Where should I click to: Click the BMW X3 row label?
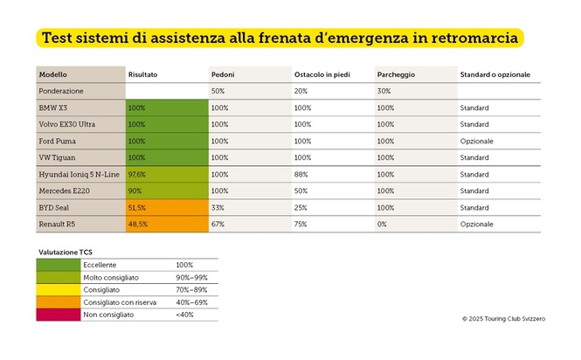(x=54, y=107)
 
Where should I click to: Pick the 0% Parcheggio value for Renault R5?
(x=383, y=224)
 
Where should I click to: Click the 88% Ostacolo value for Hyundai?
(x=301, y=174)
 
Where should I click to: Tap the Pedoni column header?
(x=222, y=74)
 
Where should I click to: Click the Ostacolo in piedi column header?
(x=322, y=74)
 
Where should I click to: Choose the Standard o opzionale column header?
(x=495, y=74)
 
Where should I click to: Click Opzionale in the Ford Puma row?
(x=476, y=141)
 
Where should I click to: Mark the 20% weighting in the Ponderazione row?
(x=301, y=91)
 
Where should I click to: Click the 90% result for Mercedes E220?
(x=135, y=190)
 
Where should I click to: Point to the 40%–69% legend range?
(x=191, y=301)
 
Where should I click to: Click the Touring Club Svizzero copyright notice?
(x=503, y=320)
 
